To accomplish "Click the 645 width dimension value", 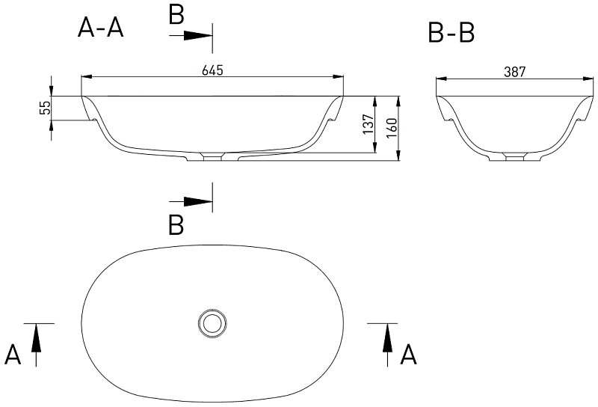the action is click(x=212, y=70).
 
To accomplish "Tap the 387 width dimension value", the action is click(x=515, y=72).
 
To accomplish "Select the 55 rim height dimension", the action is click(x=45, y=108).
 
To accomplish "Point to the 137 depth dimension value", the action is click(x=369, y=123).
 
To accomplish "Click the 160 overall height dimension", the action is click(x=391, y=128).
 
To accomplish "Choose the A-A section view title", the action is click(x=101, y=28).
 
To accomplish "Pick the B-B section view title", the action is click(x=451, y=32).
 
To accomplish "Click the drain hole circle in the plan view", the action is click(x=212, y=323).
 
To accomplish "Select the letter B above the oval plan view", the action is click(x=176, y=225).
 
